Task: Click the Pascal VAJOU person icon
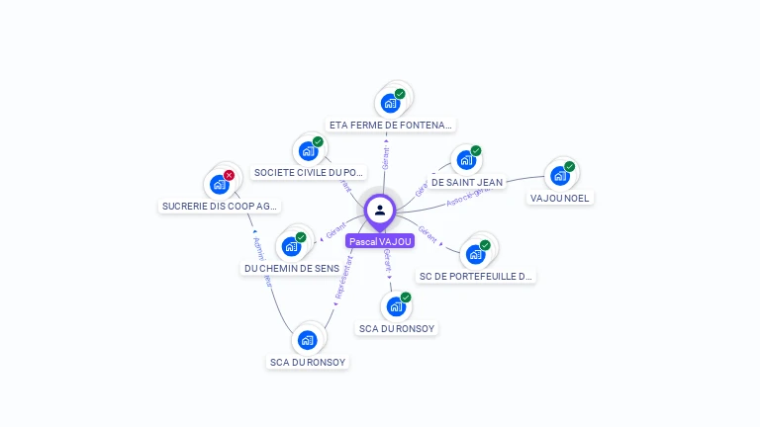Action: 380,210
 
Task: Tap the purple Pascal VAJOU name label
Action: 380,241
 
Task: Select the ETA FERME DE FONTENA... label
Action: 391,126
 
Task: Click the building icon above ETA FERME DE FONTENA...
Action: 391,103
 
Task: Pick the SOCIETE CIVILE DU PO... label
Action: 309,173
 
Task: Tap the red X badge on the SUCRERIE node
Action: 229,175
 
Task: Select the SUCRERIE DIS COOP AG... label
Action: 220,207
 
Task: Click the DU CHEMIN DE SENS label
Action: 292,268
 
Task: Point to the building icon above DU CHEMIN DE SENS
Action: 291,246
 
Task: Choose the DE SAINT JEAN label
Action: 466,182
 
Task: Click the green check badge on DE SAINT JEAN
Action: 476,151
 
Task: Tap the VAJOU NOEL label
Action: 560,198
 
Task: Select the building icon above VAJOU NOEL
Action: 560,176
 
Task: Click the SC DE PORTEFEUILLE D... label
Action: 476,277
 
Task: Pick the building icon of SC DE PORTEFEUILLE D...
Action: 476,254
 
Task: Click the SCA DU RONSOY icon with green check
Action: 396,306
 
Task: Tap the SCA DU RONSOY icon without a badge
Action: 308,340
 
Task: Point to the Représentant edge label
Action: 343,279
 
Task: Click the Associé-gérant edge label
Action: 469,196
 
